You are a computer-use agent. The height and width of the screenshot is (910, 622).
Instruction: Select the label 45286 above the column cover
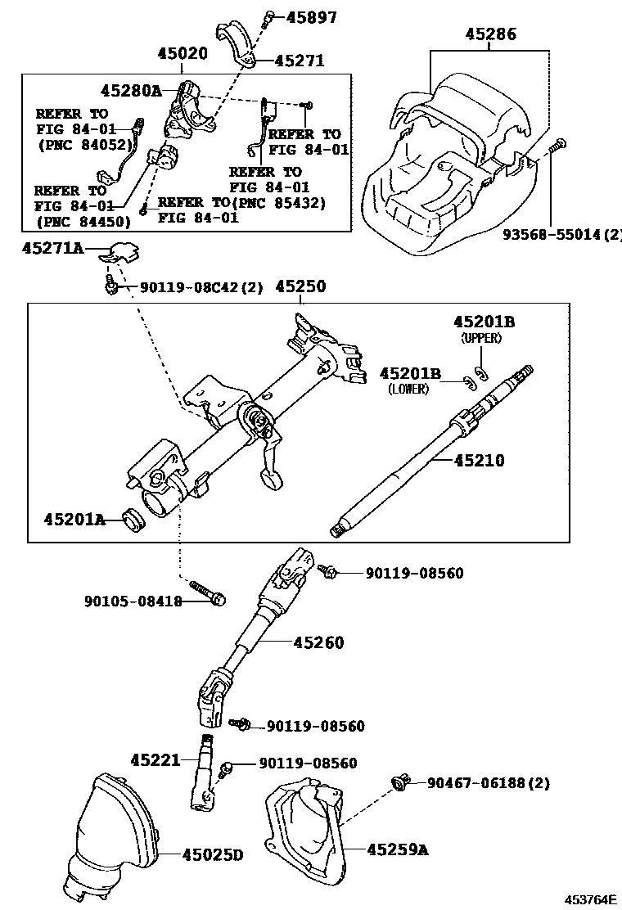[x=491, y=34]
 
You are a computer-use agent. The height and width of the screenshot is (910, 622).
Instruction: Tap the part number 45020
[x=183, y=53]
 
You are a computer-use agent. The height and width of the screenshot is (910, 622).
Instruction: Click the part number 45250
[x=300, y=286]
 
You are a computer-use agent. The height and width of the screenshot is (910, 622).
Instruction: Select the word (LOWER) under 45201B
[x=408, y=390]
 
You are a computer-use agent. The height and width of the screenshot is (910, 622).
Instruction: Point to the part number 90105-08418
[x=133, y=601]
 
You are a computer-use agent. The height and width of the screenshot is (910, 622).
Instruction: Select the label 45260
[x=318, y=642]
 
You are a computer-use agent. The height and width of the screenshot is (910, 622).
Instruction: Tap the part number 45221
[x=155, y=760]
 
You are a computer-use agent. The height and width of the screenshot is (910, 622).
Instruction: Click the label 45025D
[x=213, y=855]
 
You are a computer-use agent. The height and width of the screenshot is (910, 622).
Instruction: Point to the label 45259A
[x=397, y=850]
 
